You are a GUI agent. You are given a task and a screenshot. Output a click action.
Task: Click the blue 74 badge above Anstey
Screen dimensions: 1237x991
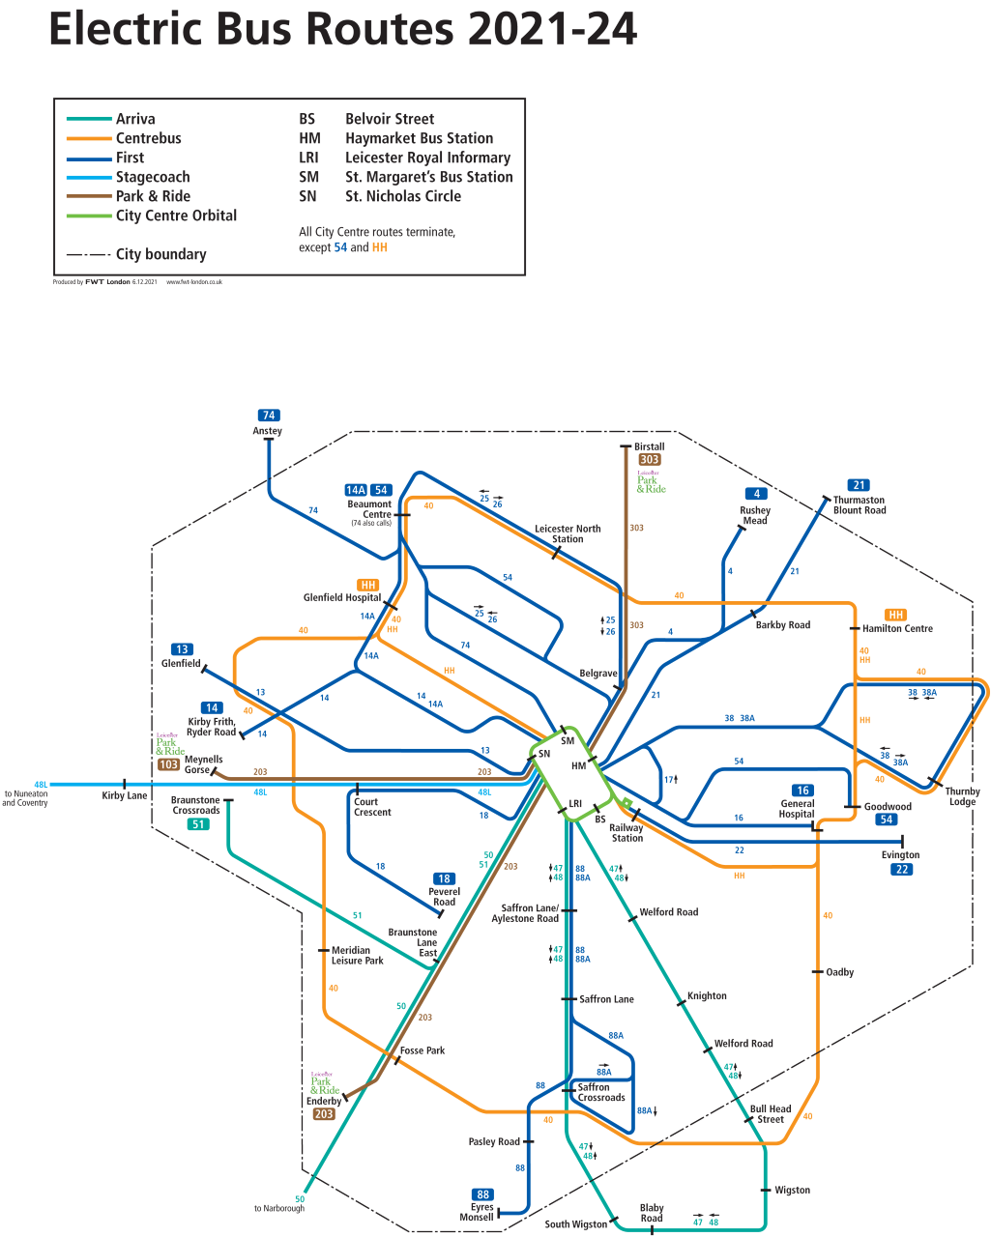click(269, 416)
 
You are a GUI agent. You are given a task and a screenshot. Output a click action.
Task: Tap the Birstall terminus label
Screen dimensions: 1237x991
click(649, 446)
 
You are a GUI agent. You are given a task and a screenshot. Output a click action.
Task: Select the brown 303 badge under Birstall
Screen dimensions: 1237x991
click(650, 460)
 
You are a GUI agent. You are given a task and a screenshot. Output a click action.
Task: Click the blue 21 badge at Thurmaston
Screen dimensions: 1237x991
click(859, 485)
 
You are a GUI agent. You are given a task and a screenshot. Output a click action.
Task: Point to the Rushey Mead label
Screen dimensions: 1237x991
click(755, 515)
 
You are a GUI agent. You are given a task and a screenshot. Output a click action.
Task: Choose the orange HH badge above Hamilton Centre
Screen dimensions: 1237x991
click(896, 615)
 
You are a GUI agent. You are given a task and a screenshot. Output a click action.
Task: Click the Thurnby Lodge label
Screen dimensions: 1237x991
click(962, 796)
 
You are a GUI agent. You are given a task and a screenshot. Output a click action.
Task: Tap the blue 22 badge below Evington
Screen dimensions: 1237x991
click(901, 870)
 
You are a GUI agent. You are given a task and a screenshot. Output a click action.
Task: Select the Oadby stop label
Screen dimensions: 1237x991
click(839, 972)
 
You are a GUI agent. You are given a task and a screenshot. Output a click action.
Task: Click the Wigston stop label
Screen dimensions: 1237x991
click(792, 1190)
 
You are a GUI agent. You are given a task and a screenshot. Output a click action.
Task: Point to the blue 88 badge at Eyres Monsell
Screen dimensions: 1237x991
click(482, 1194)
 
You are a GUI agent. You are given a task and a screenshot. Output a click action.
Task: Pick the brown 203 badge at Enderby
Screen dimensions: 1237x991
click(324, 1114)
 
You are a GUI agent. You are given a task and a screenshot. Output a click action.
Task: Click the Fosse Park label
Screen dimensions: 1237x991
click(423, 1050)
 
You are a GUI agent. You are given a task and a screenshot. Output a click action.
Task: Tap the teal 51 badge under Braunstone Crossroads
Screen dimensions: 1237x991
click(198, 824)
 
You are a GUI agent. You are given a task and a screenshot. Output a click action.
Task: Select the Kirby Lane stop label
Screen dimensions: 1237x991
click(125, 795)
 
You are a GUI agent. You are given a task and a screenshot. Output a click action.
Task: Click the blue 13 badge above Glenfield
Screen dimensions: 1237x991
click(182, 649)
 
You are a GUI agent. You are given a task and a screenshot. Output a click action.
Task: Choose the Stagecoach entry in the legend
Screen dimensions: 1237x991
click(153, 177)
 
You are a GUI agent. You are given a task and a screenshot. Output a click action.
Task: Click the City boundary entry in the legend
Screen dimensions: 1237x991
click(160, 254)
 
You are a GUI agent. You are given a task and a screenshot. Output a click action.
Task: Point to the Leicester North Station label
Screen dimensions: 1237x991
click(568, 533)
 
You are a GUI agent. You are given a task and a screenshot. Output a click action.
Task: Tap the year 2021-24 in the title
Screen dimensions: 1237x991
click(552, 29)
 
